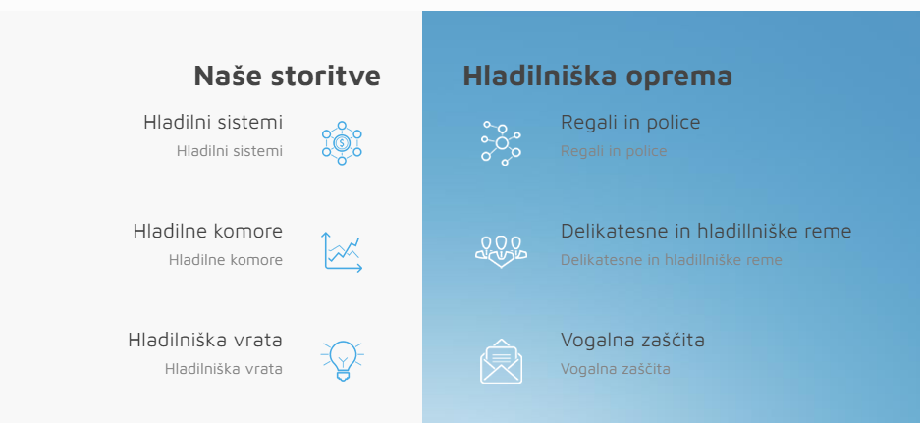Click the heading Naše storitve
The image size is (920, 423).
[x=287, y=76]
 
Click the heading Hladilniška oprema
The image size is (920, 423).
[x=597, y=76]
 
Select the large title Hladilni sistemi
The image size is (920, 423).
[x=213, y=122]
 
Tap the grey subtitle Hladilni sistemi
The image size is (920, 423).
[x=230, y=151]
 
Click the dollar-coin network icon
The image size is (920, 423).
[x=342, y=142]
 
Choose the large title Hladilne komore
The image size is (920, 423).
[x=208, y=231]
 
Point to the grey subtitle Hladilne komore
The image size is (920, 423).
[x=226, y=260]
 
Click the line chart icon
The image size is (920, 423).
[x=342, y=251]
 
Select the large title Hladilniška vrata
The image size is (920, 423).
[x=205, y=340]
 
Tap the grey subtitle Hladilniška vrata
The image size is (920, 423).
[x=224, y=369]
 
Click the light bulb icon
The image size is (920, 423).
[x=342, y=361]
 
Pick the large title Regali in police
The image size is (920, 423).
[x=630, y=122]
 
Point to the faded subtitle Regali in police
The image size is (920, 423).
[x=614, y=151]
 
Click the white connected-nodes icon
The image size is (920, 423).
[x=501, y=143]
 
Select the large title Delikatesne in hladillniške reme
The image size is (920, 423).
[x=706, y=231]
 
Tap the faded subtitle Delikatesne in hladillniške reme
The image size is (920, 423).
[x=672, y=260]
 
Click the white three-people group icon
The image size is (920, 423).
[x=501, y=251]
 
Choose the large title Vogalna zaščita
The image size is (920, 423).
[x=632, y=340]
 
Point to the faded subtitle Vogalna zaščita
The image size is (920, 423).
[x=616, y=369]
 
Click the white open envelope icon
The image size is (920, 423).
[x=501, y=361]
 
